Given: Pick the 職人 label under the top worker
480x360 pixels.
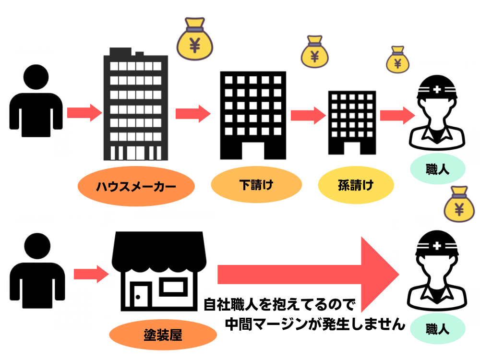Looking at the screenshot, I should (437, 169).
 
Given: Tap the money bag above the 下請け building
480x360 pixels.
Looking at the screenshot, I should (314, 52).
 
